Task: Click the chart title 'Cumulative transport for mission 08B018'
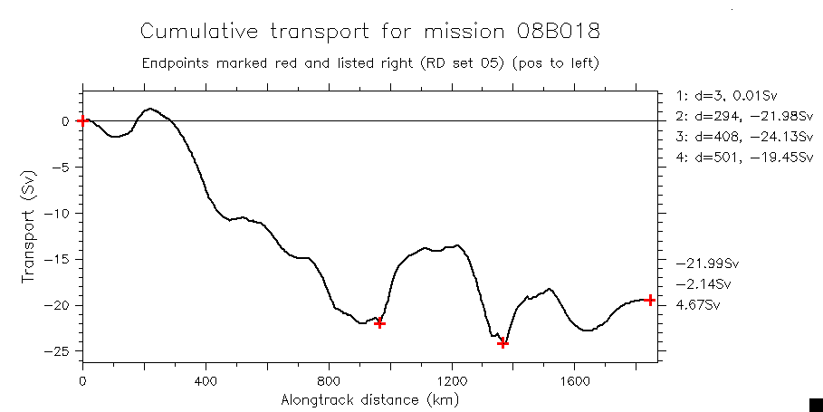[369, 32]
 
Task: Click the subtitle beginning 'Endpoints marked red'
[369, 64]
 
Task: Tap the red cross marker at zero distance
[82, 120]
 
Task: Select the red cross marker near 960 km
[380, 323]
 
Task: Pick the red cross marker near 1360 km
[502, 343]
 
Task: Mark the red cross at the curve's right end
[650, 300]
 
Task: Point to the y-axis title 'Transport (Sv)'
[30, 225]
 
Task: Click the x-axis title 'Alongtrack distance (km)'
[369, 399]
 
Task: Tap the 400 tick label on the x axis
[206, 380]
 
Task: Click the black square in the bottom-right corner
[815, 404]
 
